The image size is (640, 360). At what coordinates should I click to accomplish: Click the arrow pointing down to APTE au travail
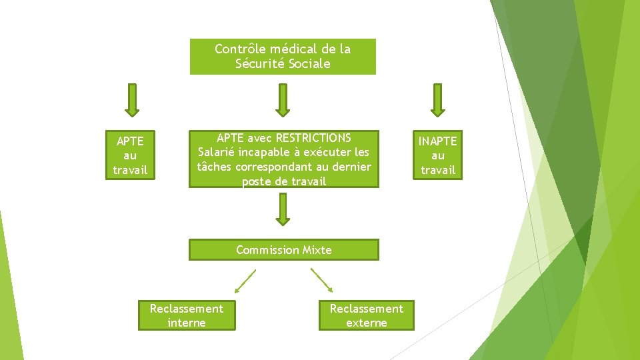pos(131,99)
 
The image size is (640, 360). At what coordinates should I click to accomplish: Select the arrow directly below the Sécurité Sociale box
pos(283,99)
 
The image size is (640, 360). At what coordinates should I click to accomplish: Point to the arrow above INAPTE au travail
pos(437,99)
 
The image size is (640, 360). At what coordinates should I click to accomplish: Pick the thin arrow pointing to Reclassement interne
pos(245,281)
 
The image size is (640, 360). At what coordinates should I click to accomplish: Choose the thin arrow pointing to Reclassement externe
pos(322,281)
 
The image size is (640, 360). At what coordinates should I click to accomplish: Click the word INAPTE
pos(437,141)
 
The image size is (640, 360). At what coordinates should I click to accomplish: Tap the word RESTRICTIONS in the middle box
pos(313,138)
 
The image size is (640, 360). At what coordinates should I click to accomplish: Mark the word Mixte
pos(317,250)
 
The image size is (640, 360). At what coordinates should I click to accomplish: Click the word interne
pos(187,323)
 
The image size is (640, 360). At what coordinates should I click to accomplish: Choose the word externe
pos(366,323)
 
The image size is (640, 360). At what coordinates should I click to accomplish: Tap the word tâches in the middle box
pos(214,167)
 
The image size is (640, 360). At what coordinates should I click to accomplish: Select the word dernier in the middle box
pos(349,167)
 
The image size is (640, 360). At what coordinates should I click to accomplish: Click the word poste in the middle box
pos(256,181)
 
